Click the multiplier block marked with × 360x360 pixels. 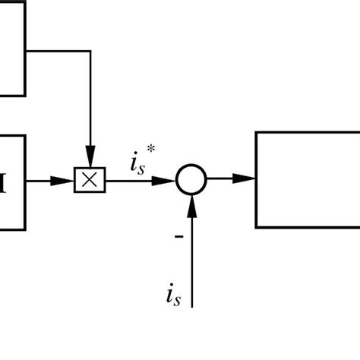pos(90,180)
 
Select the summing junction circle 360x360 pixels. pos(191,180)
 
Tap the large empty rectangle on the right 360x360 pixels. pos(307,179)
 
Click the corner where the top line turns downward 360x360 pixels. pos(90,52)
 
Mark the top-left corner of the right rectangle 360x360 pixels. pos(256,132)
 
